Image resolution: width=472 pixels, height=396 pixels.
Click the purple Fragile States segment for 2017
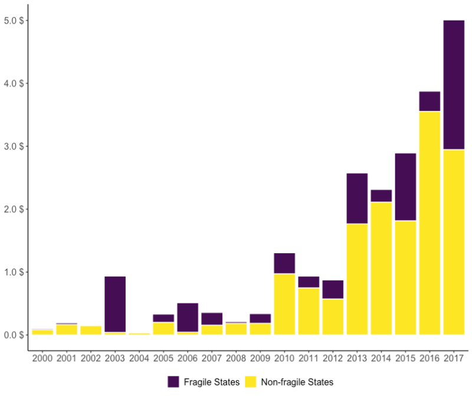[454, 85]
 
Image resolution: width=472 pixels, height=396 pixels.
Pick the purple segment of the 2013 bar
[357, 198]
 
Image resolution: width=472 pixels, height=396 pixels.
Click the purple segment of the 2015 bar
[405, 186]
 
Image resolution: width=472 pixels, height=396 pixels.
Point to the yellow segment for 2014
[381, 269]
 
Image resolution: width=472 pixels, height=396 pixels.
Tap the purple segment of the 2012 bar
[333, 289]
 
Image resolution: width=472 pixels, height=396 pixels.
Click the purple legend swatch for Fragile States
[174, 382]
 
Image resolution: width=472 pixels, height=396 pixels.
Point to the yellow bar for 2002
[91, 330]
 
